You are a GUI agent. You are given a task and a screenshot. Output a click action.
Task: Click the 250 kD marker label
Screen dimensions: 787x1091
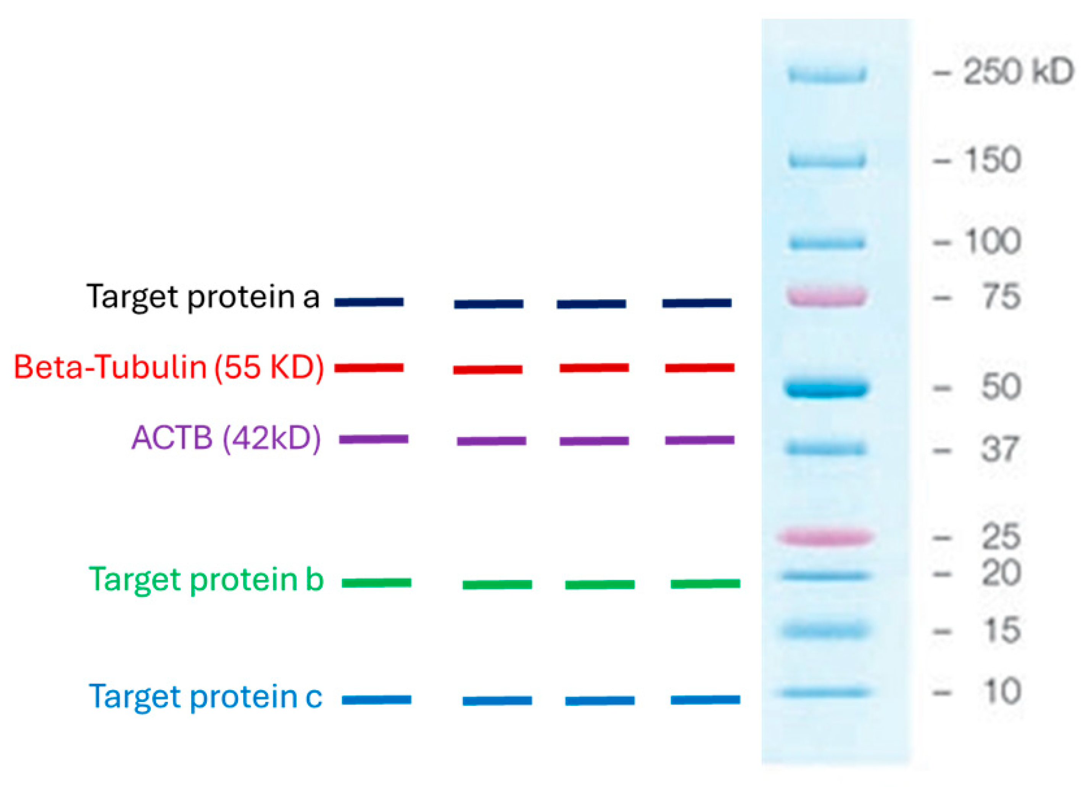coord(1018,72)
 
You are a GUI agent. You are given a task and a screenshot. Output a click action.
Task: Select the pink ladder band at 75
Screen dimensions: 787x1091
coord(827,296)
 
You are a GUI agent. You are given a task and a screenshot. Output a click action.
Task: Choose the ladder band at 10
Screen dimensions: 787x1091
coord(825,692)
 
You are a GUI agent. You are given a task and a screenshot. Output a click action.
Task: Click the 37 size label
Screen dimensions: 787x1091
coord(1001,449)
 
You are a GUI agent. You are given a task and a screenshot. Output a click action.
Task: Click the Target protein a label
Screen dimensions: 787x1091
coord(203,297)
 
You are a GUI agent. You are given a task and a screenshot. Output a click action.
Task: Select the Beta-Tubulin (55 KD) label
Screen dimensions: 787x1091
coord(169,368)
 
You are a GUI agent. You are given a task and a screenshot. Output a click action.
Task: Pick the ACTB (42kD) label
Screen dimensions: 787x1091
coord(226,438)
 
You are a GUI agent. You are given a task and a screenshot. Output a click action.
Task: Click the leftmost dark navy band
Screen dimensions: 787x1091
coord(369,302)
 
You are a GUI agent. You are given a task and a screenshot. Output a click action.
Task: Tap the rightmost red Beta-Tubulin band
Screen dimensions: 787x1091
coord(699,368)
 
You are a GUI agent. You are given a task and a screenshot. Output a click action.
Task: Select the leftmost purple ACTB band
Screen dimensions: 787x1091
coord(373,439)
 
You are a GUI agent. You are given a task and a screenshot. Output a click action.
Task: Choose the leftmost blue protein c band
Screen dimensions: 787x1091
coord(376,700)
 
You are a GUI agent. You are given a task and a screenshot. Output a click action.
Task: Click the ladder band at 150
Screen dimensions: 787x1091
coord(827,160)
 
